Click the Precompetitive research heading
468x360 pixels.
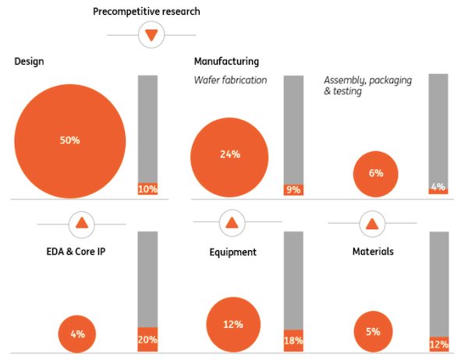(x=145, y=12)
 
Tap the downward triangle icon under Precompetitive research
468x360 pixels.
(x=151, y=35)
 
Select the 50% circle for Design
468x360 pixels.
(x=70, y=140)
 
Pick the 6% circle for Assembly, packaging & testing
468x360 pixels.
(x=376, y=173)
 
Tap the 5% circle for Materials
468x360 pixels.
(x=373, y=331)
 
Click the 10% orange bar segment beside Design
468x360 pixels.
(x=148, y=189)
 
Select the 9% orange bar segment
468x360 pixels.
(x=293, y=189)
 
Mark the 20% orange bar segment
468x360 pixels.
(x=148, y=339)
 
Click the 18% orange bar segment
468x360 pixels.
(x=293, y=341)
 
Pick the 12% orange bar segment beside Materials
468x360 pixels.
(x=439, y=344)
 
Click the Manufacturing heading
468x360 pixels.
(x=226, y=62)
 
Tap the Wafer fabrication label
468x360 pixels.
(x=230, y=79)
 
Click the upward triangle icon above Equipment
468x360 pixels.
(x=231, y=224)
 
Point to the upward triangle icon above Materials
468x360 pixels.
(x=373, y=224)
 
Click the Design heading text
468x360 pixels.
(x=29, y=62)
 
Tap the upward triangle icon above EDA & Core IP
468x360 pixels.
(x=82, y=224)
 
